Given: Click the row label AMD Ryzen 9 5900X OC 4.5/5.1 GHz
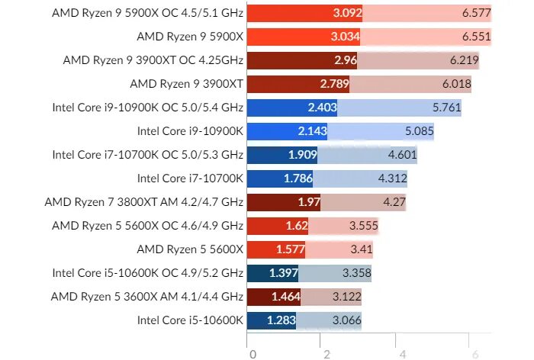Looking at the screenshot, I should pyautogui.click(x=146, y=13).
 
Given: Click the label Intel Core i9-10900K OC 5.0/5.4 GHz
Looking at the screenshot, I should pyautogui.click(x=147, y=108).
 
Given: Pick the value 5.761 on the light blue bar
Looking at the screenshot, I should pyautogui.click(x=446, y=108).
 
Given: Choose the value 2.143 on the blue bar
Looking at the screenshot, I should pyautogui.click(x=313, y=131).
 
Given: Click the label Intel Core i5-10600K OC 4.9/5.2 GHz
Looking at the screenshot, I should pyautogui.click(x=147, y=273).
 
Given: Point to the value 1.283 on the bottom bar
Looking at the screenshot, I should pyautogui.click(x=281, y=320).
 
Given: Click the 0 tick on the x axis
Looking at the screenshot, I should pyautogui.click(x=252, y=353).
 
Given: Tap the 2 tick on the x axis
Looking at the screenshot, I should pyautogui.click(x=327, y=353).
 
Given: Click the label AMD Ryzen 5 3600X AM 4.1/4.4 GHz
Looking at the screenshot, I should pyautogui.click(x=146, y=297).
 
